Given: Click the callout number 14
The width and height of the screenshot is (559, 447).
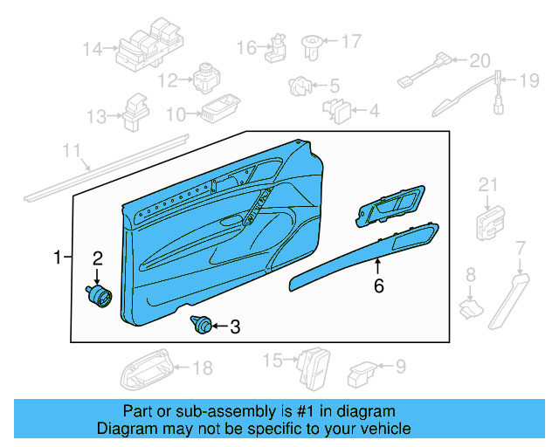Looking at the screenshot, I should coord(93,49).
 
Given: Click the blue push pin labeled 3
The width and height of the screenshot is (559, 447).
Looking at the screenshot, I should coord(200,327).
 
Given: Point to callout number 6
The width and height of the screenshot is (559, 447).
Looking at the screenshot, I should coord(378,285).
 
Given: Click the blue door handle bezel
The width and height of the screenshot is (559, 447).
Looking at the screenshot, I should coord(390,207).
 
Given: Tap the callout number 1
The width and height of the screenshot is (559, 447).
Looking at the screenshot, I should coord(58,258).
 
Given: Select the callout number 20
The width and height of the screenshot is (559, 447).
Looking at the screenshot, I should coord(480,61).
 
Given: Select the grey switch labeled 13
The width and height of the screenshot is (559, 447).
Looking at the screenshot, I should coord(135,111).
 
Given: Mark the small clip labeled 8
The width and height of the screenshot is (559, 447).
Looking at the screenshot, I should coord(472,305).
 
